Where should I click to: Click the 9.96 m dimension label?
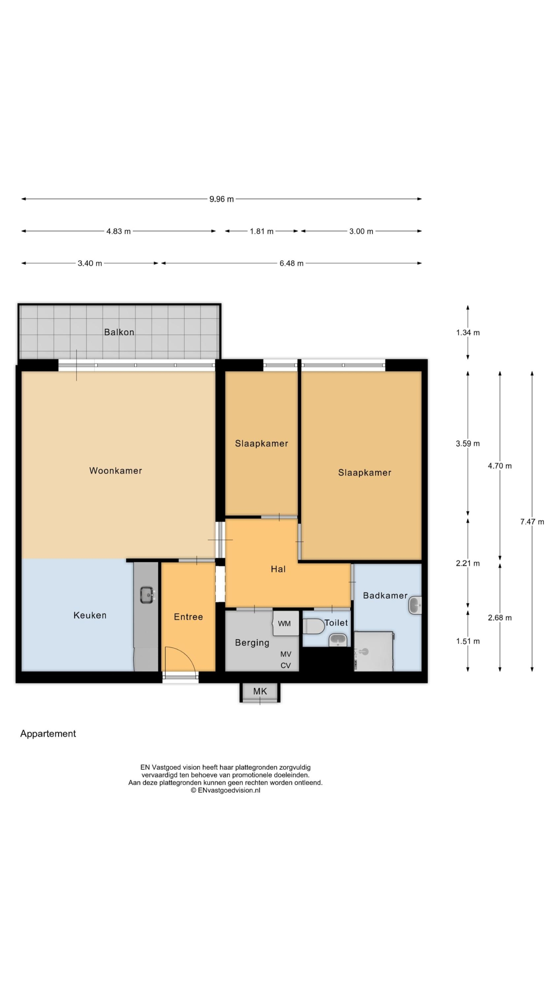(222, 199)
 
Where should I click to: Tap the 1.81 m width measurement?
(261, 231)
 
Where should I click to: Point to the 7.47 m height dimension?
(532, 522)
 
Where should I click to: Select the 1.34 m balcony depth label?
(468, 333)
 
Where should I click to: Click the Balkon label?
(119, 332)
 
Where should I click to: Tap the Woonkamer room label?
(116, 471)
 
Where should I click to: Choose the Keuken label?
(90, 615)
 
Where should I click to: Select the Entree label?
(188, 617)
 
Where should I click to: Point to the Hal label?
(278, 569)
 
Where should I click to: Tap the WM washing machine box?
(286, 623)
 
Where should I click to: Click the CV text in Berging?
(285, 666)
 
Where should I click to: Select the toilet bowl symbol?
(313, 626)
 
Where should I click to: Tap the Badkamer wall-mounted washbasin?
(415, 605)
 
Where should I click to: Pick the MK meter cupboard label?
(260, 691)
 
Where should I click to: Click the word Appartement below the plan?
(48, 734)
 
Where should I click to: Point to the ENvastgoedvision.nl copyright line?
(226, 790)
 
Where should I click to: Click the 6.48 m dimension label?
(291, 263)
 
